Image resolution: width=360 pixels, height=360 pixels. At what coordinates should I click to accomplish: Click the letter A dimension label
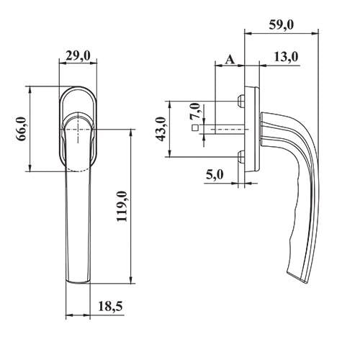[x=230, y=58]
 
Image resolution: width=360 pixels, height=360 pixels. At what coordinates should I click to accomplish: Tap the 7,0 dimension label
[x=193, y=112]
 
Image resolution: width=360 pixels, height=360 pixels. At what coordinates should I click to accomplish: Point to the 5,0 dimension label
[x=215, y=175]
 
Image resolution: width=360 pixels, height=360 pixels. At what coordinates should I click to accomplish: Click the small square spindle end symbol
[x=195, y=130]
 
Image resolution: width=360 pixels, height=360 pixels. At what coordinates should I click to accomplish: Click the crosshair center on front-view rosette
[x=77, y=130]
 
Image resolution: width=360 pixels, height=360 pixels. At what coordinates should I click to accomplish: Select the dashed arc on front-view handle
[x=78, y=170]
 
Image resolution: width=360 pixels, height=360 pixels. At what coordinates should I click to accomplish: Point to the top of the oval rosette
[x=77, y=88]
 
